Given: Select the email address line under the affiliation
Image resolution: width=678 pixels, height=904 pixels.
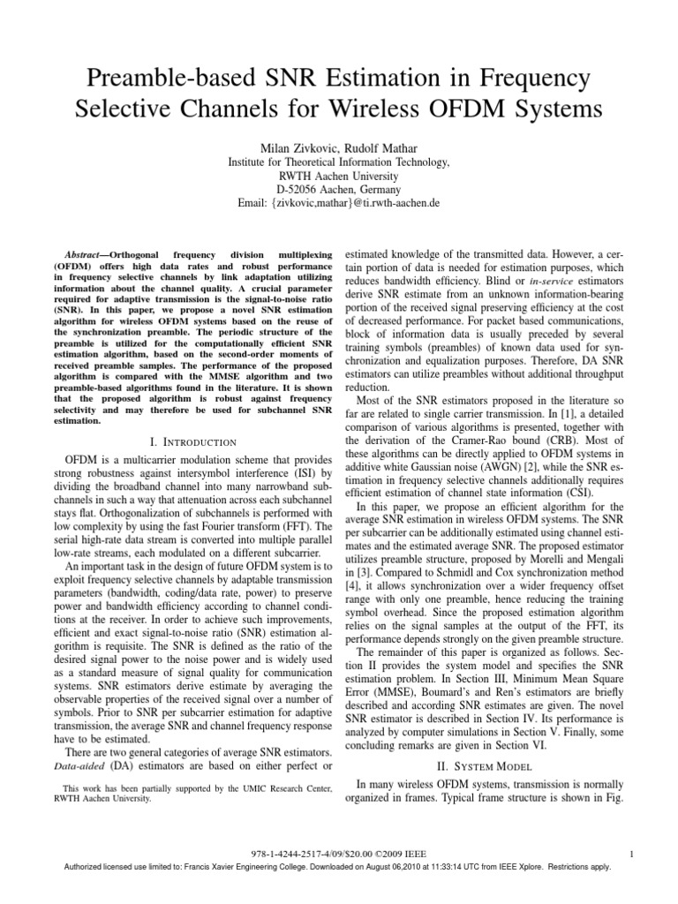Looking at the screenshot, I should (339, 203).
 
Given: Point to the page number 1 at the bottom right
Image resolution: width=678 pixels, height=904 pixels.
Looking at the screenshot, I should (637, 853).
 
